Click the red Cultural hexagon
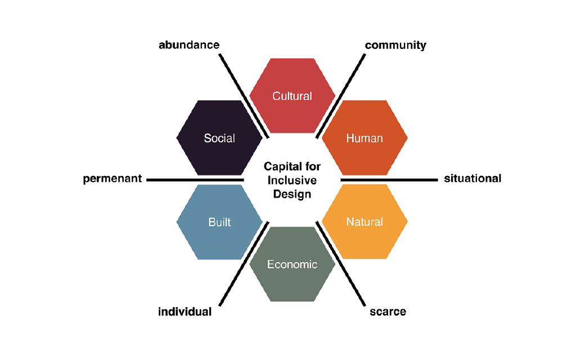pos(292,96)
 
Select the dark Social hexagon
pos(220,138)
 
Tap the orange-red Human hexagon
pos(364,138)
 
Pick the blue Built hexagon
pos(220,222)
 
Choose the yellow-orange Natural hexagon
pos(364,222)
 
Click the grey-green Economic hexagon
pos(292,264)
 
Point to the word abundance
pos(189,45)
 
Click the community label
pos(395,45)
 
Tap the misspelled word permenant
pos(112,178)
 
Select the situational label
pos(472,178)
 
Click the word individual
pos(184,312)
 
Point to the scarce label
pos(388,312)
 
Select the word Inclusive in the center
pos(292,181)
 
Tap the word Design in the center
pos(292,194)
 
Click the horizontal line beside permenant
pos(195,179)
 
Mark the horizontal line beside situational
pos(389,179)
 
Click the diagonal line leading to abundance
pos(244,96)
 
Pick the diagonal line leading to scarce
pos(340,264)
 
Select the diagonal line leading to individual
pos(244,264)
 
